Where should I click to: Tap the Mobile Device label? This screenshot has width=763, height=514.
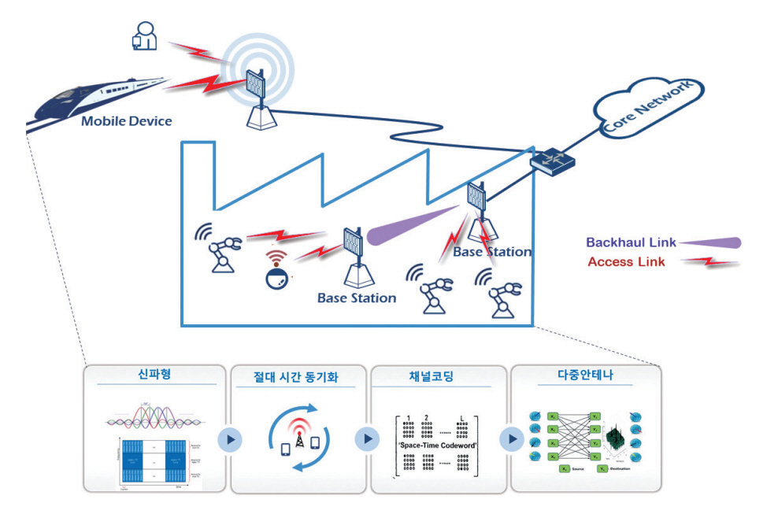(126, 121)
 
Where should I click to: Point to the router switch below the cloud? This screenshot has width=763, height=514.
(551, 159)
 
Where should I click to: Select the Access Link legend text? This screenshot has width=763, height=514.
(626, 262)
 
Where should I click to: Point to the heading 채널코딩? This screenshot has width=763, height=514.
(432, 376)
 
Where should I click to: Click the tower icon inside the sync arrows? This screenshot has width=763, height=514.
(298, 440)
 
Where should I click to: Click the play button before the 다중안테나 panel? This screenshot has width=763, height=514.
(512, 438)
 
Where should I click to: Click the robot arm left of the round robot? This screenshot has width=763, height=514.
(220, 247)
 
